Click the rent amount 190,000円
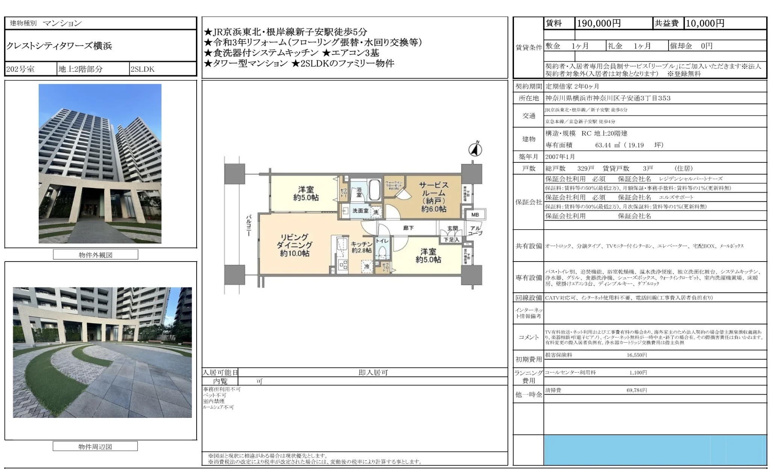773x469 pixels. [599, 23]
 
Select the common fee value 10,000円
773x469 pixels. [705, 23]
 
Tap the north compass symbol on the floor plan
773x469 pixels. [475, 149]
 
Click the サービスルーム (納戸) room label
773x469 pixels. [433, 197]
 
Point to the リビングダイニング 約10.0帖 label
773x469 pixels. [294, 245]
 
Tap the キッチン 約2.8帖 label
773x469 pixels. [361, 247]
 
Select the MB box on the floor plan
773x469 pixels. [475, 215]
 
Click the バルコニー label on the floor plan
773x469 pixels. [249, 225]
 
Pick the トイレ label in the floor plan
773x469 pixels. [382, 241]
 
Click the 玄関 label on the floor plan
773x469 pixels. [453, 228]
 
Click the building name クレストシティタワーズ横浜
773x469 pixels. [59, 46]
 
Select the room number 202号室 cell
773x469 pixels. [20, 69]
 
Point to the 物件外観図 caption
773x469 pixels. [95, 255]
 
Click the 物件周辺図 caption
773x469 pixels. [95, 446]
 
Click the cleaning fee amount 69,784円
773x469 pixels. [637, 390]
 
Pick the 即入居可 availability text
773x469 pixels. [373, 372]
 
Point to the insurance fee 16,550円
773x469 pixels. [637, 355]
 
